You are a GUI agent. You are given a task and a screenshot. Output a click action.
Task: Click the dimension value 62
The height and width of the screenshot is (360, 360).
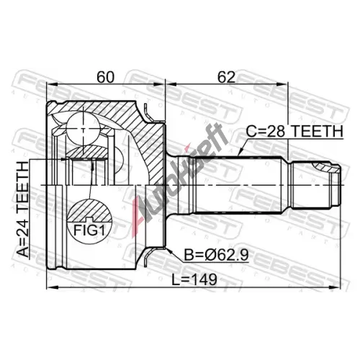click(x=226, y=77)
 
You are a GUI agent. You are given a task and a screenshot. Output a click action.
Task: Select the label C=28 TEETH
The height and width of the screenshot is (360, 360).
click(x=294, y=131)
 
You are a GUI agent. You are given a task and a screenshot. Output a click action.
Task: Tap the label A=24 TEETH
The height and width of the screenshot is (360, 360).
click(x=22, y=209)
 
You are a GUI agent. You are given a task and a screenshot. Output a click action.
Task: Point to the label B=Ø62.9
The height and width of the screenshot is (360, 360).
click(x=216, y=255)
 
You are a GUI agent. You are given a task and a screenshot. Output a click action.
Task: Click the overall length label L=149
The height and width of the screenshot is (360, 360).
click(x=194, y=279)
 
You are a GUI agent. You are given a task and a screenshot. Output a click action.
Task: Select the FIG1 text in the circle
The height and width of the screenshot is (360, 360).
click(x=89, y=230)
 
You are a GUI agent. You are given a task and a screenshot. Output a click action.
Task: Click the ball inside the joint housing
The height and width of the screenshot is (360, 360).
click(x=84, y=130)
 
